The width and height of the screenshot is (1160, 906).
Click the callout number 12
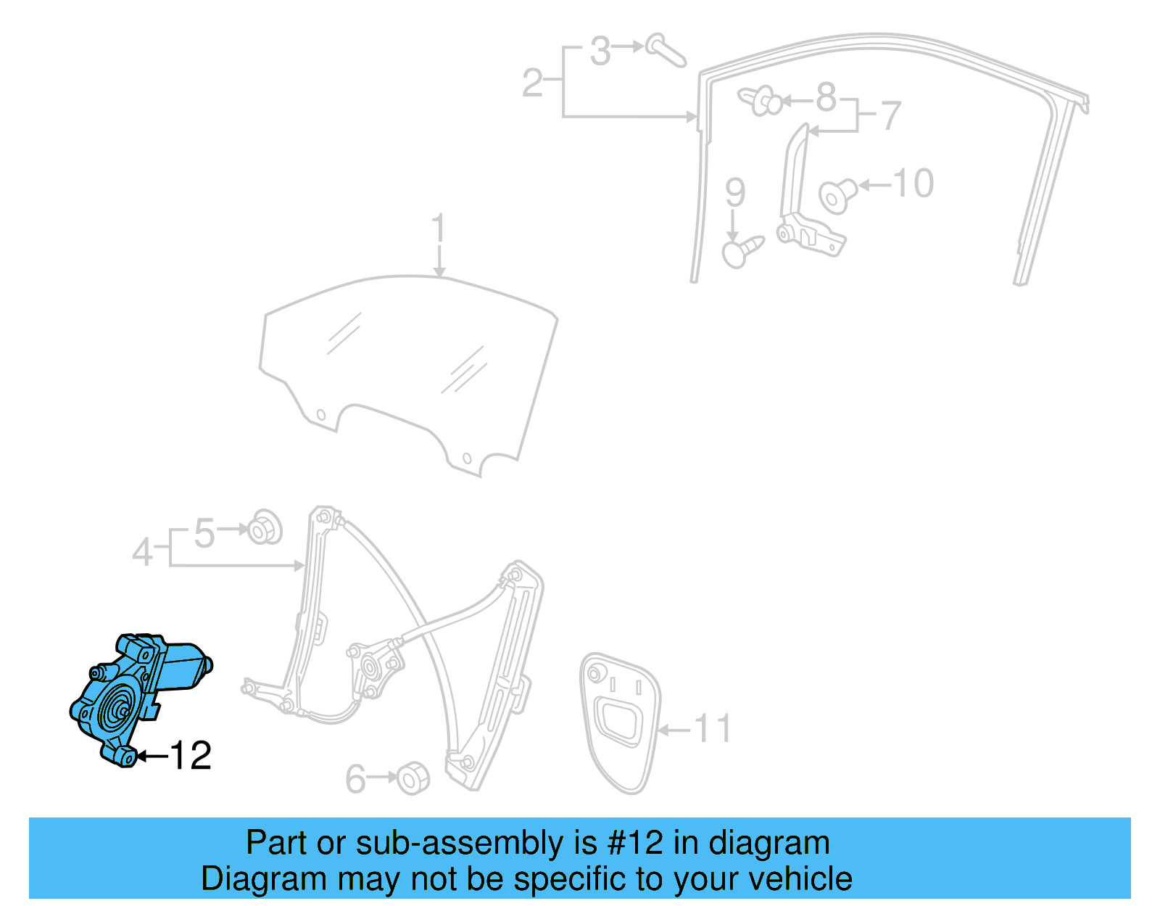(x=191, y=756)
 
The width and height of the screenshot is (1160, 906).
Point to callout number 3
(x=600, y=52)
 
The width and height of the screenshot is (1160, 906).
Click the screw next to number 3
(x=666, y=49)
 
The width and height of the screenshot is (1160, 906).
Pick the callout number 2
(x=532, y=83)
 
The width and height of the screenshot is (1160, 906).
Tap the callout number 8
(x=826, y=97)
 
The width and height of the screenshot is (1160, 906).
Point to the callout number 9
(x=734, y=192)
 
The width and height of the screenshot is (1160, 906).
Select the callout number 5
(x=204, y=534)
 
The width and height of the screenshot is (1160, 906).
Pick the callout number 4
(x=142, y=553)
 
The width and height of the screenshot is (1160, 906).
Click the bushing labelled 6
(x=413, y=778)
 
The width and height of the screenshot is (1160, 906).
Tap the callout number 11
(x=712, y=728)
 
